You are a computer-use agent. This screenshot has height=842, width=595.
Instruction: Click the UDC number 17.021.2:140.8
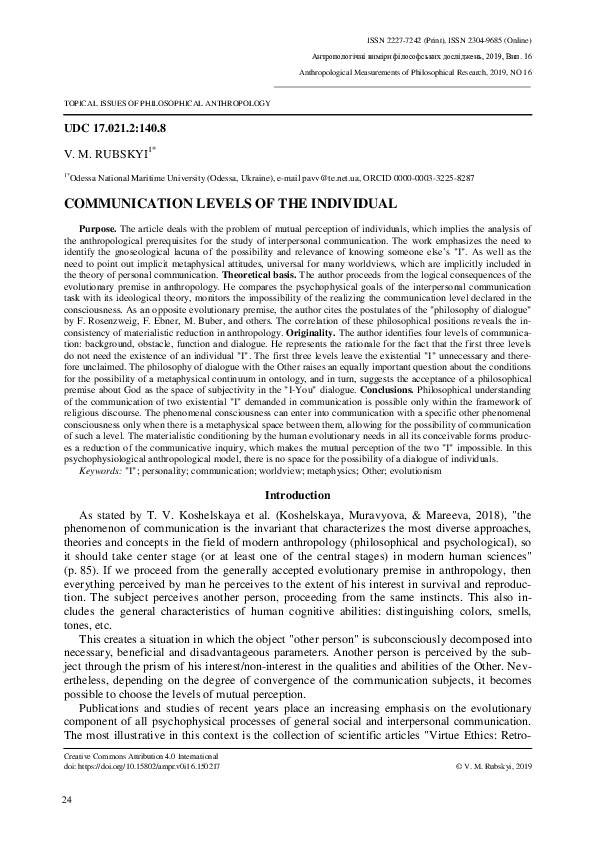[x=115, y=129]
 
